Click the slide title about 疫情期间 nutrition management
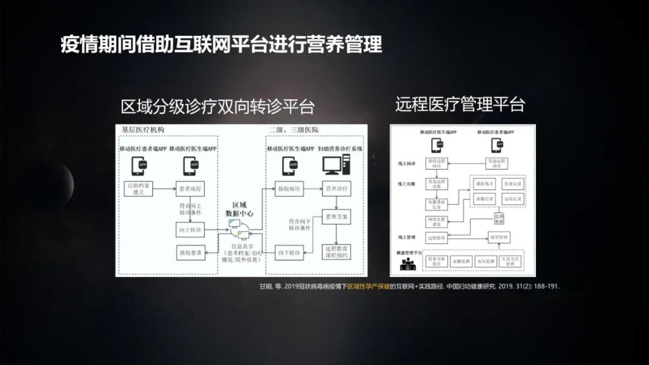[x=221, y=44]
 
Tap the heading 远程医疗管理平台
[x=460, y=104]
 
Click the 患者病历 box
[x=190, y=189]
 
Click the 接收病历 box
[x=288, y=189]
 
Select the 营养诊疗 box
[x=338, y=189]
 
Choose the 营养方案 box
[x=338, y=216]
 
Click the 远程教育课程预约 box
[x=338, y=252]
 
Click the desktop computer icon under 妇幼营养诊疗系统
[x=335, y=164]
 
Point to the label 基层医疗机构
[x=142, y=130]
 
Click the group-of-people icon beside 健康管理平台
[x=408, y=263]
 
